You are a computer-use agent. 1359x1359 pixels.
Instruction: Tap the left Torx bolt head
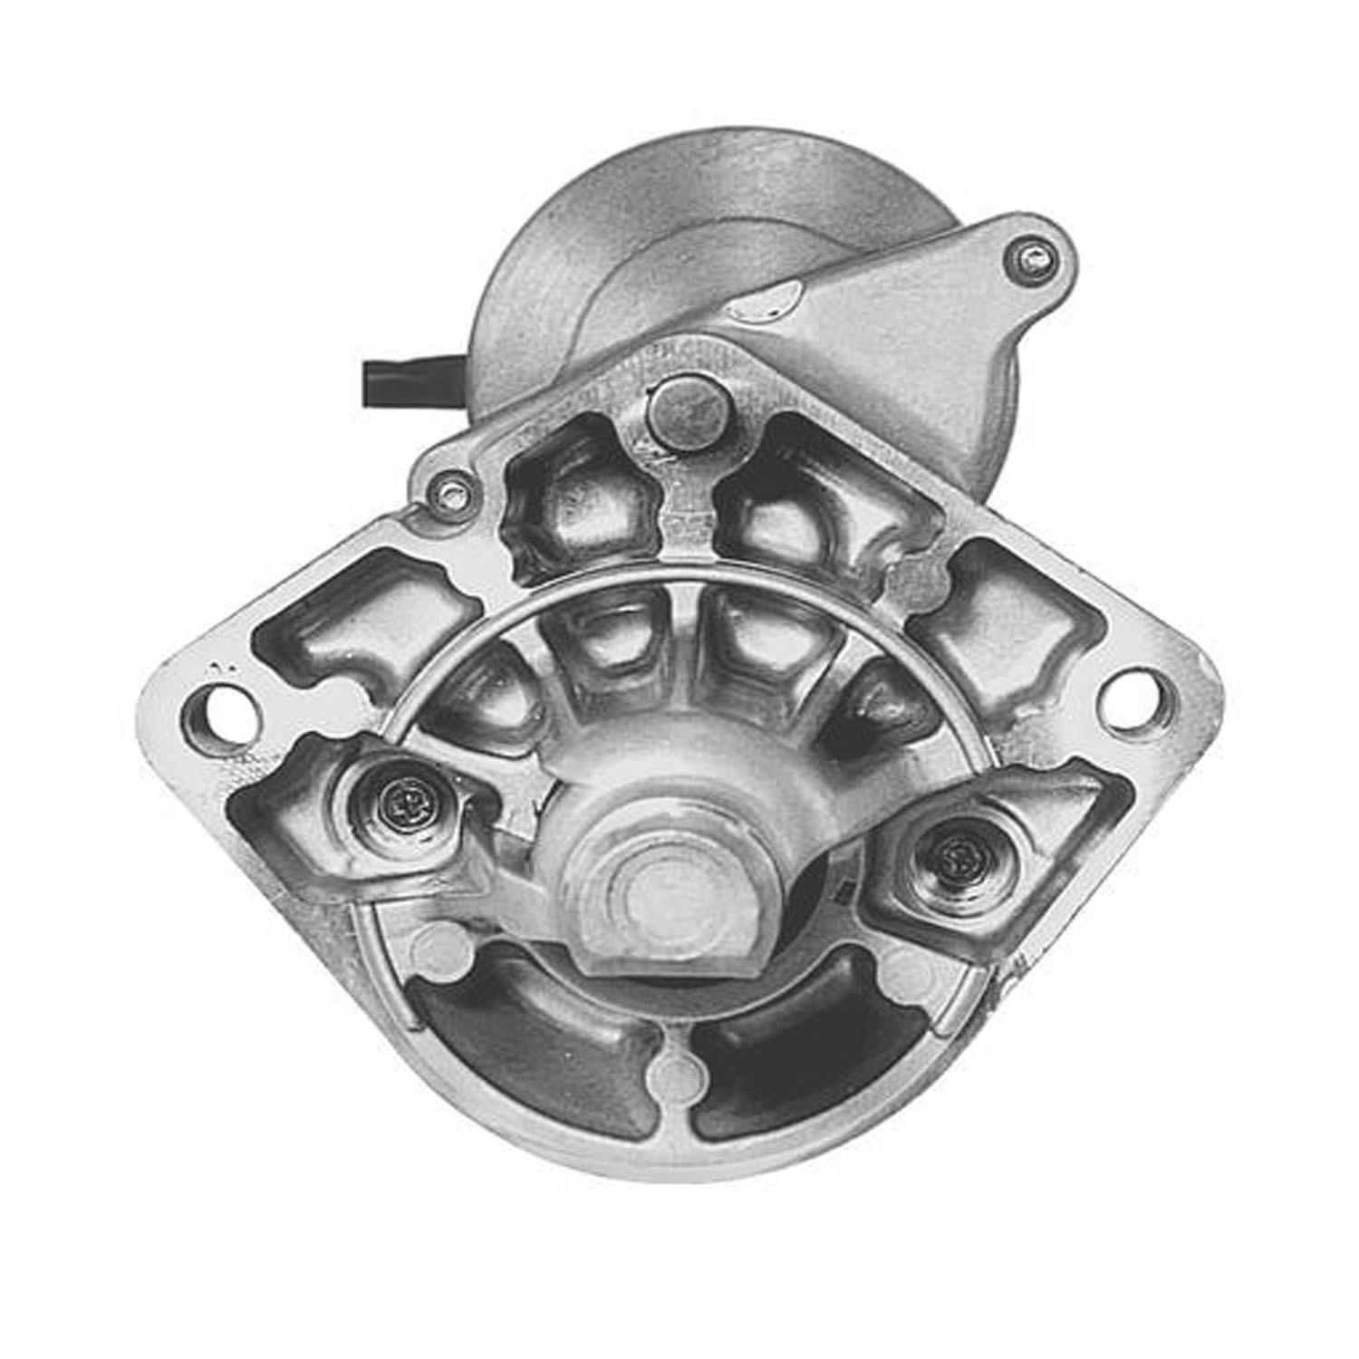pyautogui.click(x=400, y=800)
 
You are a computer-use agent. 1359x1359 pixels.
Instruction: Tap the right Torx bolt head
pyautogui.click(x=957, y=853)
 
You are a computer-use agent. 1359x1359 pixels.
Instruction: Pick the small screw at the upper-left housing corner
pyautogui.click(x=449, y=490)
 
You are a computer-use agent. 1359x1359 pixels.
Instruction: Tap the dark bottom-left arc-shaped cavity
pyautogui.click(x=535, y=1055)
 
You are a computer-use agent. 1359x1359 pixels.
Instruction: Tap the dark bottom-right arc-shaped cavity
pyautogui.click(x=797, y=1055)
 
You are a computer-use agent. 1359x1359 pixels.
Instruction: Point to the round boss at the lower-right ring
pyautogui.click(x=906, y=974)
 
